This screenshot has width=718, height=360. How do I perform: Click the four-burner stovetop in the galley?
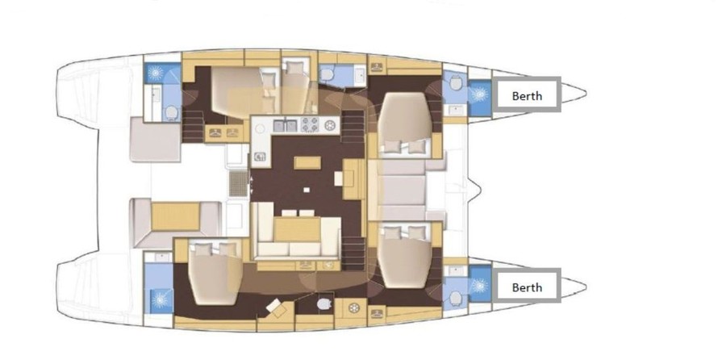point(310,125)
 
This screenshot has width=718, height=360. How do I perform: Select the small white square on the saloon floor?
point(307,189)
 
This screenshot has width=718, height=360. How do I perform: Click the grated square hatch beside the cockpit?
point(238,184)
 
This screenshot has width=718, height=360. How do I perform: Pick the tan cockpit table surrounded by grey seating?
point(175,216)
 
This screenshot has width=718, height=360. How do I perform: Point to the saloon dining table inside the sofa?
point(297,228)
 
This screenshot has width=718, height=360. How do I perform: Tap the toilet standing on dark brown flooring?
point(324,303)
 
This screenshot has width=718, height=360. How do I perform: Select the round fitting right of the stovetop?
point(329,125)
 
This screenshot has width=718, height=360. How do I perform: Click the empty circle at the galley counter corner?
point(261,128)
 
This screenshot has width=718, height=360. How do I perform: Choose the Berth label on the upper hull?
point(527,96)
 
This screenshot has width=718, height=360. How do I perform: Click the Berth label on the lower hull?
point(527,287)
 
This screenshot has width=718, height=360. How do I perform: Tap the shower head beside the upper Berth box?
point(479,94)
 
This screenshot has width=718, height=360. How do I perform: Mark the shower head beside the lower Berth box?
point(479,286)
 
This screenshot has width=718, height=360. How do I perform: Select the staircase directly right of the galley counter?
point(353,128)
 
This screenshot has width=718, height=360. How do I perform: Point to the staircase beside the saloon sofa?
point(353,253)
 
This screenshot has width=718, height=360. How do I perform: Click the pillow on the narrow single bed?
point(294,69)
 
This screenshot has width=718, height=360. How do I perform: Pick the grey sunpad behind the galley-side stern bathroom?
point(155,139)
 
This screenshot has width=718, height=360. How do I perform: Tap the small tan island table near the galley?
point(307,162)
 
